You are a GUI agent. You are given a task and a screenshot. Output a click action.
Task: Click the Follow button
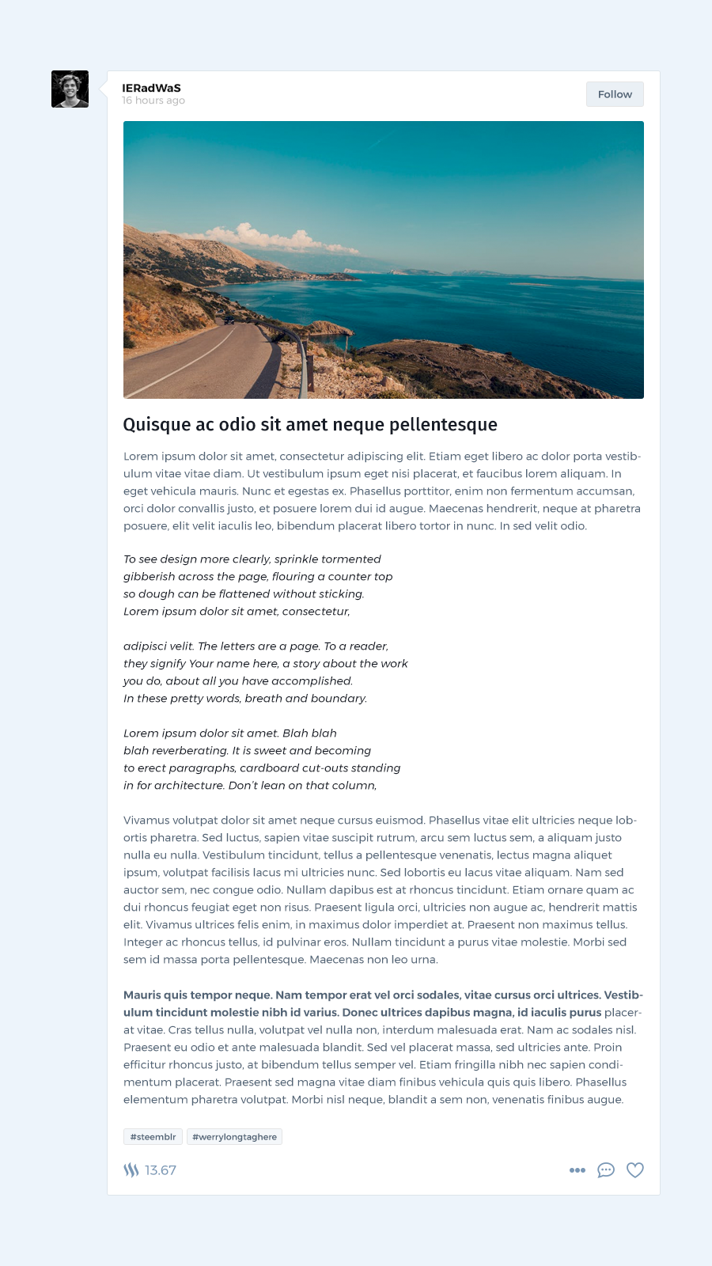[615, 94]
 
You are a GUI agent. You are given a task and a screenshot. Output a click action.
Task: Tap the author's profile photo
[70, 89]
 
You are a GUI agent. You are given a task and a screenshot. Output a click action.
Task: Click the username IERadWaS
[151, 88]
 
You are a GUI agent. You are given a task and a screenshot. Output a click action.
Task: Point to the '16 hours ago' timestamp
[153, 100]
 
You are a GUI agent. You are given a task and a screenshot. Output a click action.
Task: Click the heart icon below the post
[634, 1169]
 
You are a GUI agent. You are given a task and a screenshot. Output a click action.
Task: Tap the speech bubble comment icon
[606, 1169]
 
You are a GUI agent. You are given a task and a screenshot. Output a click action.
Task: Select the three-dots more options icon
[578, 1169]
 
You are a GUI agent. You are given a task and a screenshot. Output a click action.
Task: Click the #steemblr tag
[153, 1136]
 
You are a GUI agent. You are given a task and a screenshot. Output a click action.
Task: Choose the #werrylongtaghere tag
[234, 1136]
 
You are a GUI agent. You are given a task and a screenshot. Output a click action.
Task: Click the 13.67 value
[161, 1170]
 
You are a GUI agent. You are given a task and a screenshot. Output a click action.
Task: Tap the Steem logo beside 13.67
[131, 1170]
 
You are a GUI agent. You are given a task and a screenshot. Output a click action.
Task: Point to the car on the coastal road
[229, 320]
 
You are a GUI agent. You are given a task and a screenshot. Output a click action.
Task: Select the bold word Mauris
[142, 995]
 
